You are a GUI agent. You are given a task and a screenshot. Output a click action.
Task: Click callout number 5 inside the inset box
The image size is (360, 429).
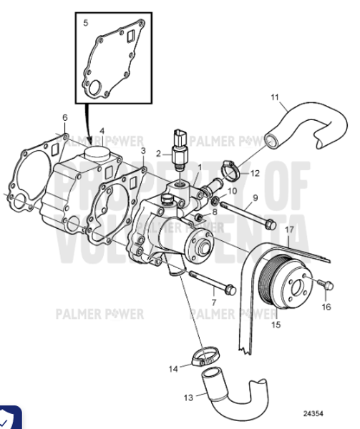(x=86, y=23)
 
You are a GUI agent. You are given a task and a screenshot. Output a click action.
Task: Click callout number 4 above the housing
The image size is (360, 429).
(x=102, y=131)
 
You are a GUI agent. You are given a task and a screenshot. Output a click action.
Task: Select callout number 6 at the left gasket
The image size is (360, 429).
(x=64, y=117)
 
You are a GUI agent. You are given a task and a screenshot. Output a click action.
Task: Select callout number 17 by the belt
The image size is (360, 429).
(x=290, y=230)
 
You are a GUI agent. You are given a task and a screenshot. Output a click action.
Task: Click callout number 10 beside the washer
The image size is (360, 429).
(x=233, y=191)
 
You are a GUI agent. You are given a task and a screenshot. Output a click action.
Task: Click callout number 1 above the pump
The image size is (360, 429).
(x=200, y=167)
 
